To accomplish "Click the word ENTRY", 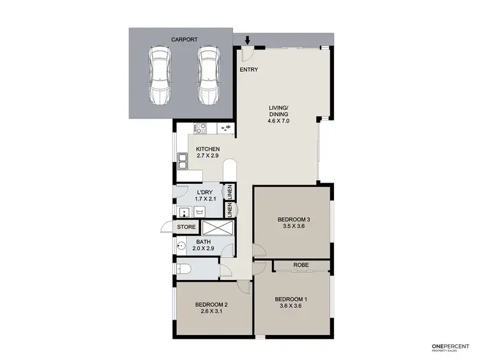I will pyautogui.click(x=249, y=69).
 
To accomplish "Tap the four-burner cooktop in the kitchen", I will pyautogui.click(x=198, y=128).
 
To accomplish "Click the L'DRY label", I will pyautogui.click(x=205, y=192).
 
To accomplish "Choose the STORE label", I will pyautogui.click(x=186, y=227).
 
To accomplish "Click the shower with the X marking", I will pyautogui.click(x=216, y=227).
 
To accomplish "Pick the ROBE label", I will pyautogui.click(x=301, y=265).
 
